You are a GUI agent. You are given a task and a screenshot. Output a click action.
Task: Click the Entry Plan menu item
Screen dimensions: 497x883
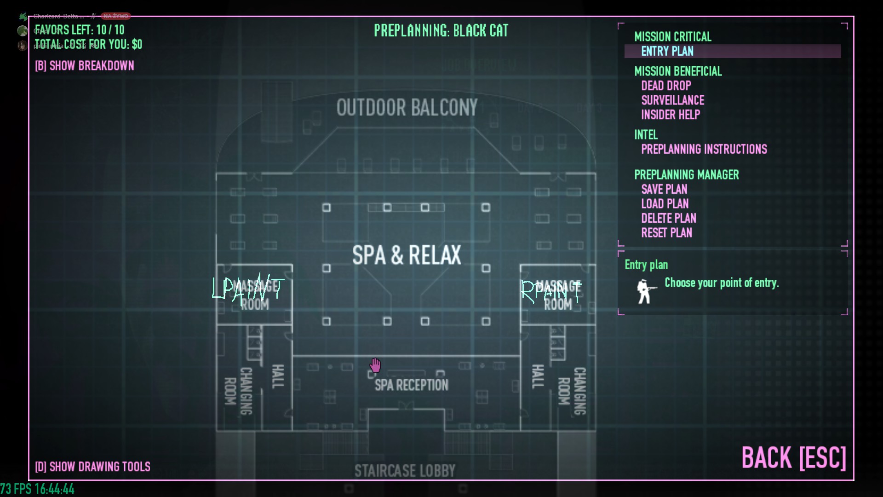[667, 51]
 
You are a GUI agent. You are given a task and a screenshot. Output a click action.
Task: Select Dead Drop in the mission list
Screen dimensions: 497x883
[666, 86]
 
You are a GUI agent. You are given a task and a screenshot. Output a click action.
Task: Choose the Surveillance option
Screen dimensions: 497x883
[672, 100]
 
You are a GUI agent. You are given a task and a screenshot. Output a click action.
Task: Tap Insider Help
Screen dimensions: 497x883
[671, 115]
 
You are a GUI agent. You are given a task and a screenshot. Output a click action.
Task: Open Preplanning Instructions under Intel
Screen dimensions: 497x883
[704, 149]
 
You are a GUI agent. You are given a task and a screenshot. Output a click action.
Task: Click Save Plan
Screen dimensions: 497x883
[664, 189]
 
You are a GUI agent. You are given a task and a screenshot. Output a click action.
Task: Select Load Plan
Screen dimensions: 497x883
[665, 204]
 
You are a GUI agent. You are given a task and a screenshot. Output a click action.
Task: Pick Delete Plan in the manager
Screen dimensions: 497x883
[668, 218]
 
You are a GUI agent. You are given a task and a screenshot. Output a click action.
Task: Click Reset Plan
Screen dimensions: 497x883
[666, 233]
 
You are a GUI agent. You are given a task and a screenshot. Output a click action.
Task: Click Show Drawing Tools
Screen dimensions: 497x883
[92, 467]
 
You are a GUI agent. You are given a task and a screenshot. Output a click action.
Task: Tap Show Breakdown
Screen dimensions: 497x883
[85, 66]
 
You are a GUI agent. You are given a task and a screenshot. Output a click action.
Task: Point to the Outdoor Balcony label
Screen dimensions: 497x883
[407, 108]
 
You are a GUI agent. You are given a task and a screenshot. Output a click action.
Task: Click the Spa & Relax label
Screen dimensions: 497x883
[407, 255]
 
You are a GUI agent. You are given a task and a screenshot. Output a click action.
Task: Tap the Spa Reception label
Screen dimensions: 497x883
[411, 385]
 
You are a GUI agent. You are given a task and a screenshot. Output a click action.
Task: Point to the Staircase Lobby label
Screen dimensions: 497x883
[405, 471]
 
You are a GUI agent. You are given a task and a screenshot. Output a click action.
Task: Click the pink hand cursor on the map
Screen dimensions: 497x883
[375, 365]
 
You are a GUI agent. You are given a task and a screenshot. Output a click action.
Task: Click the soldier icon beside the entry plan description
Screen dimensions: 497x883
[645, 292]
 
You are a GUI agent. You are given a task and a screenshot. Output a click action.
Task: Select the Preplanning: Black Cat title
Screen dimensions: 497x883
[441, 31]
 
